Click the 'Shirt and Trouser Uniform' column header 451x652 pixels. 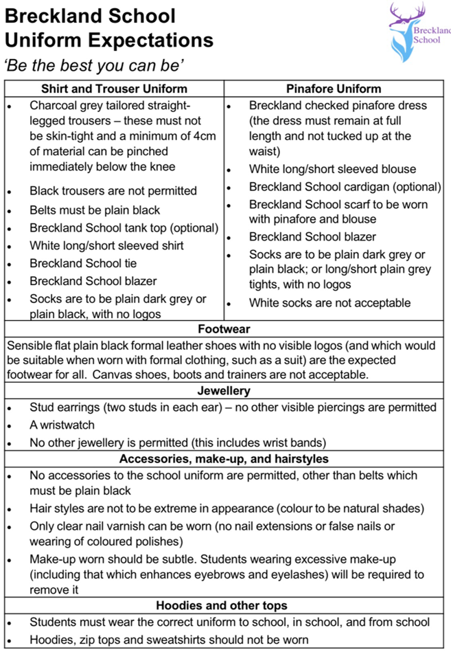pos(114,89)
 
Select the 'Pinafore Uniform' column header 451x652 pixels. pos(333,89)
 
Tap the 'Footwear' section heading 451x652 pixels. pos(224,329)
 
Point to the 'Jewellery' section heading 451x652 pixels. pos(224,391)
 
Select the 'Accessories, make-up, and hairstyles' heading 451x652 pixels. pos(224,458)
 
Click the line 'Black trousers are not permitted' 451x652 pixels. pos(113,191)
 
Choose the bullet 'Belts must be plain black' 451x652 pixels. pos(95,210)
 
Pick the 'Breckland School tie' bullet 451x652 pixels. pos(83,263)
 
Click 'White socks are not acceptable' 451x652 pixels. pos(329,302)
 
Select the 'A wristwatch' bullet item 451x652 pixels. pos(62,425)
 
